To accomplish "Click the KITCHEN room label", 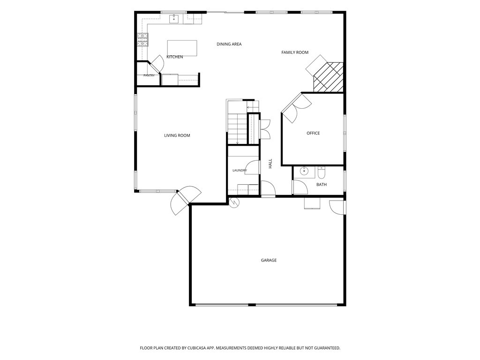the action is [x=174, y=57].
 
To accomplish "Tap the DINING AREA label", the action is [x=229, y=44].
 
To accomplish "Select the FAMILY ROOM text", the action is [x=295, y=52].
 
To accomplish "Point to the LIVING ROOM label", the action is [x=177, y=135].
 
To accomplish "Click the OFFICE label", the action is [x=313, y=133].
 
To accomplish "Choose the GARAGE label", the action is [x=269, y=260].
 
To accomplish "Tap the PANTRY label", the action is [x=149, y=75].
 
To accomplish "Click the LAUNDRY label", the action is [x=240, y=171].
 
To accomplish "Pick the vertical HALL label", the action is [x=270, y=164].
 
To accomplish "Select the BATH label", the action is [x=322, y=185].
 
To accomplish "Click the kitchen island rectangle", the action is [x=182, y=48].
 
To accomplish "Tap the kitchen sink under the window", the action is [x=174, y=18].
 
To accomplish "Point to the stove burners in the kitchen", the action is [x=142, y=40].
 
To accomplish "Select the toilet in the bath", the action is [x=321, y=172].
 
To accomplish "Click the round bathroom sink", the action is [x=304, y=171].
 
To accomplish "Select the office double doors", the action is [x=296, y=108].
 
